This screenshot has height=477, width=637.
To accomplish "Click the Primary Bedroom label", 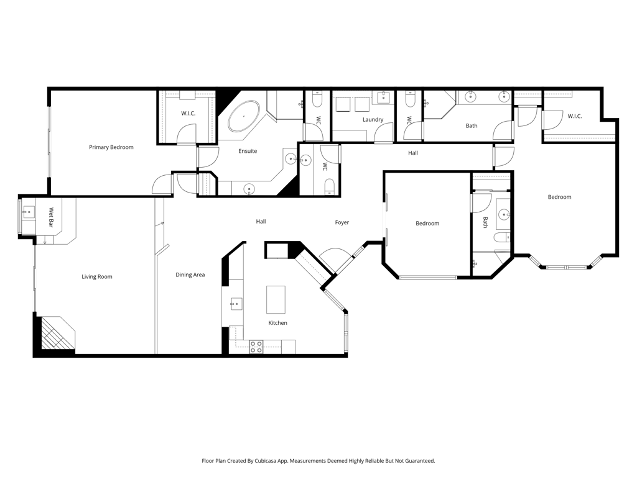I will tap(111, 147).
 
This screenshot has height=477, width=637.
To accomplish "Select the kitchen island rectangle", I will tap(276, 299).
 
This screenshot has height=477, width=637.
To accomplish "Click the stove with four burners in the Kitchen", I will tap(256, 347).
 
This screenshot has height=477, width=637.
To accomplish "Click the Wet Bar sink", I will tap(27, 212).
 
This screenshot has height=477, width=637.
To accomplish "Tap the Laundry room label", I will tap(373, 120).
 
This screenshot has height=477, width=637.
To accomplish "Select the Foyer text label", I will tap(342, 222).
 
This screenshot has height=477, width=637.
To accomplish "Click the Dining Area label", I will tap(190, 275).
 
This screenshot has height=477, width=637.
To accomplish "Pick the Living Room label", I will tap(97, 276).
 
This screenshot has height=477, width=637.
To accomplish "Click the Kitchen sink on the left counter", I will tap(236, 304).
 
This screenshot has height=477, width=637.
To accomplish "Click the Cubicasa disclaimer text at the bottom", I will tap(318, 461).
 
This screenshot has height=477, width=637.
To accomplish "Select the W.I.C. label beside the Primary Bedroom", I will tap(188, 113).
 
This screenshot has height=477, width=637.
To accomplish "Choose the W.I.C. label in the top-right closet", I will tap(574, 116).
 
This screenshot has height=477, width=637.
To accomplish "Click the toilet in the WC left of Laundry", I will tap(317, 99).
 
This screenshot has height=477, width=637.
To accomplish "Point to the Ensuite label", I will tap(248, 151).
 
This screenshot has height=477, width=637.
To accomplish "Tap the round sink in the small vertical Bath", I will tap(504, 215).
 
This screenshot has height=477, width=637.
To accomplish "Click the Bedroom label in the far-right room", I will tap(559, 197).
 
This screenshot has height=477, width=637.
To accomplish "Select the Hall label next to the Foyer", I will tap(261, 221).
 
